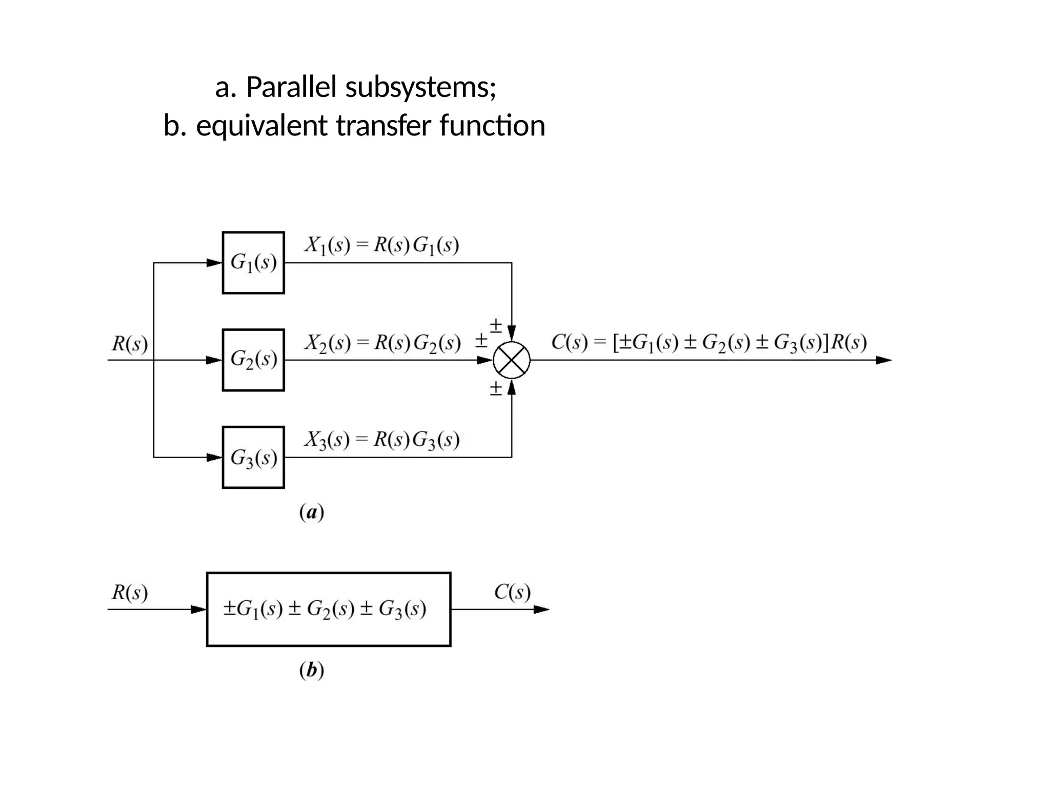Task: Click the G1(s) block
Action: (x=253, y=263)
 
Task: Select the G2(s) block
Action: (x=253, y=360)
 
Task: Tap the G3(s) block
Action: (x=253, y=457)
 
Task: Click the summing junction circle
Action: (x=512, y=360)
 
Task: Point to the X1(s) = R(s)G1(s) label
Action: (x=381, y=246)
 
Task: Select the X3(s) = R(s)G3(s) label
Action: (x=382, y=440)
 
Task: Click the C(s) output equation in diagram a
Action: (x=709, y=342)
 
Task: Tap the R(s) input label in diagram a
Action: (x=130, y=343)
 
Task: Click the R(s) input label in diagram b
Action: (x=130, y=593)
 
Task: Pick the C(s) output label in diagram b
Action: (x=512, y=593)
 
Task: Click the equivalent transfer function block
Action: (x=329, y=609)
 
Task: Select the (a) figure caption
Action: (x=312, y=513)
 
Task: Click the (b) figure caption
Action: (x=312, y=671)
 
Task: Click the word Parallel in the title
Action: (x=291, y=87)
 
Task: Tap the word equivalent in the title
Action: (x=261, y=126)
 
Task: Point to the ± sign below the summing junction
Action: (x=496, y=388)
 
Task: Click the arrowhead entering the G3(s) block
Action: (x=214, y=457)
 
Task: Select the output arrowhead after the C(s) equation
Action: (x=883, y=360)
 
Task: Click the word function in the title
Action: (x=492, y=126)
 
